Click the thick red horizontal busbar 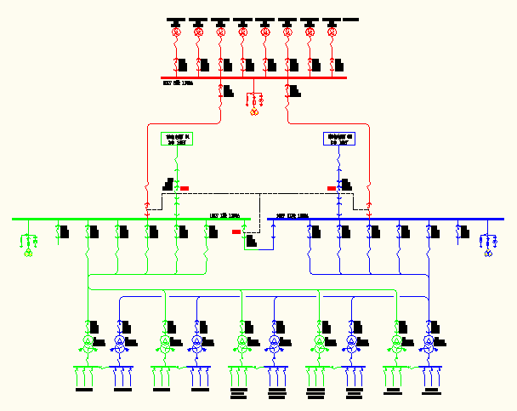(255, 77)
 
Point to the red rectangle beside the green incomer (185, 188)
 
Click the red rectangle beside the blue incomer (332, 188)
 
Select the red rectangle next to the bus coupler (236, 231)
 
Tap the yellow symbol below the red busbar (253, 111)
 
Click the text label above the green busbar (224, 216)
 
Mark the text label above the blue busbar (290, 216)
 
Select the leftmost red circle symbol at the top (177, 32)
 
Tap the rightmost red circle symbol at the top (332, 32)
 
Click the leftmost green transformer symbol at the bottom (88, 342)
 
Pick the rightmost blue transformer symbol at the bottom (428, 342)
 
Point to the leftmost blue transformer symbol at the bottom (120, 342)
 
